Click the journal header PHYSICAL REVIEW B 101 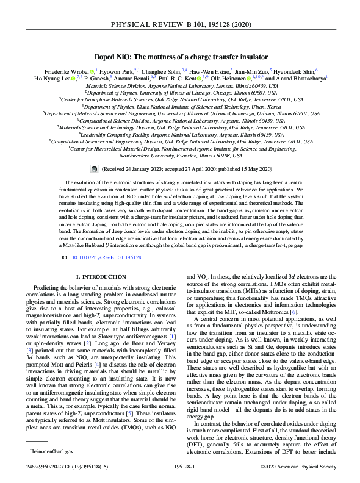pyautogui.click(x=180, y=26)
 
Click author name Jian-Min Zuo pyautogui.click(x=249, y=70)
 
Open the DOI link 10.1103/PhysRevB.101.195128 pyautogui.click(x=107, y=258)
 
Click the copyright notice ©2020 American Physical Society pyautogui.click(x=298, y=467)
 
